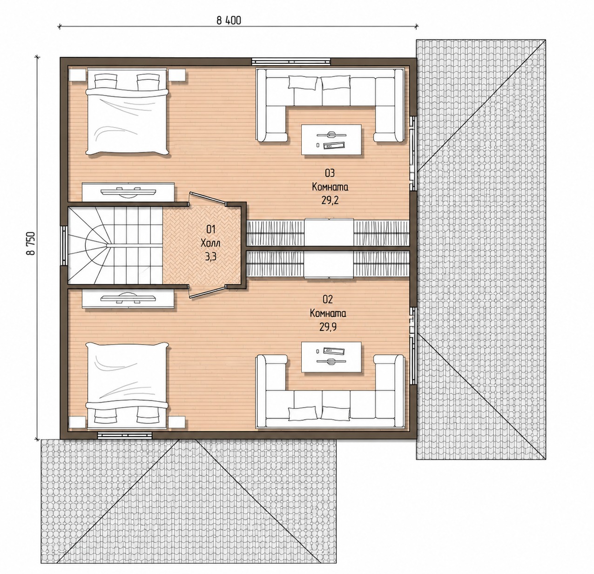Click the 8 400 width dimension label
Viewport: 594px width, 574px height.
pyautogui.click(x=229, y=20)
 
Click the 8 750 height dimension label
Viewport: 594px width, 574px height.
pyautogui.click(x=31, y=243)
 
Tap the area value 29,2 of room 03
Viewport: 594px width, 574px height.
pyautogui.click(x=330, y=200)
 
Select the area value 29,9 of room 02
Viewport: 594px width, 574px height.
pyautogui.click(x=328, y=327)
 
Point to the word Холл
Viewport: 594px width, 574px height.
pyautogui.click(x=210, y=243)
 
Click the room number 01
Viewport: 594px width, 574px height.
pyautogui.click(x=211, y=229)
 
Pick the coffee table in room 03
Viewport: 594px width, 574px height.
pyautogui.click(x=331, y=140)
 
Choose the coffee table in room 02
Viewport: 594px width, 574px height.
pyautogui.click(x=331, y=357)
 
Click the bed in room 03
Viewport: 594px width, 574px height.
pyautogui.click(x=127, y=112)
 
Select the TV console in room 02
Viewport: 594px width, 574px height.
pyautogui.click(x=128, y=298)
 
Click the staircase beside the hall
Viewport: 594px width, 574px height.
pyautogui.click(x=115, y=245)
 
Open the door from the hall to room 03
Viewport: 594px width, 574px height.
pyautogui.click(x=208, y=198)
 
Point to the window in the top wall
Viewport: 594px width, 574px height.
pyautogui.click(x=291, y=61)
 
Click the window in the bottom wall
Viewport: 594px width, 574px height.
pyautogui.click(x=125, y=435)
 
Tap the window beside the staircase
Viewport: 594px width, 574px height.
pyautogui.click(x=64, y=245)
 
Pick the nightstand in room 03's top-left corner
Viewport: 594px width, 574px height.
pyautogui.click(x=77, y=75)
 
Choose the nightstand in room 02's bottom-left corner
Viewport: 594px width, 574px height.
pyautogui.click(x=77, y=422)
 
